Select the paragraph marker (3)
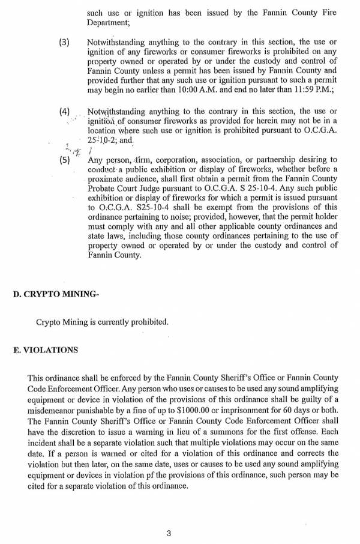pyautogui.click(x=64, y=43)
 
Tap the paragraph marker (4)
pyautogui.click(x=64, y=112)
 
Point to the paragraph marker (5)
pyautogui.click(x=64, y=160)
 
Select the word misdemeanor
pyautogui.click(x=52, y=410)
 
